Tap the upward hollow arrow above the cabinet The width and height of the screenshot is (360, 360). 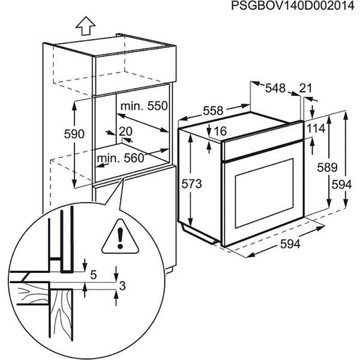pyautogui.click(x=85, y=26)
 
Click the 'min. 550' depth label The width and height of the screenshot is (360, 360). pyautogui.click(x=143, y=107)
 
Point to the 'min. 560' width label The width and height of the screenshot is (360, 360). pyautogui.click(x=122, y=158)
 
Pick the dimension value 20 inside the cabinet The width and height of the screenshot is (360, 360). pyautogui.click(x=125, y=132)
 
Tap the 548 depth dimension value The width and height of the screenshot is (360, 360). pyautogui.click(x=275, y=88)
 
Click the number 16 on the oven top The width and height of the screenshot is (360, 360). pyautogui.click(x=220, y=131)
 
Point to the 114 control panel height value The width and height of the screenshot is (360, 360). pyautogui.click(x=316, y=128)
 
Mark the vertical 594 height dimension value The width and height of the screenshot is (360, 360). pyautogui.click(x=341, y=185)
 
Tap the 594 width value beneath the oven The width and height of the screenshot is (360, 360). pyautogui.click(x=289, y=244)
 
